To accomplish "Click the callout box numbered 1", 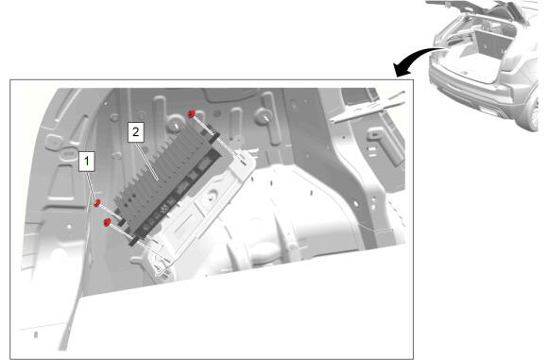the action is [86, 162].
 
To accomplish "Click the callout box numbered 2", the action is [136, 132].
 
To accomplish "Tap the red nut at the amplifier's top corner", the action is [191, 114].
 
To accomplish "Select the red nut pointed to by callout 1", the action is [96, 203].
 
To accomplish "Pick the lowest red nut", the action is [108, 222].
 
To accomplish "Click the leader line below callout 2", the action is [147, 162].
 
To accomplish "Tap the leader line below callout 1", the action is [91, 185].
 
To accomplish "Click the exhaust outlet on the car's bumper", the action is [488, 111].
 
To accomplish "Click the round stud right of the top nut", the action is [263, 114].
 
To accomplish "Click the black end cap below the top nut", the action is [214, 138].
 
